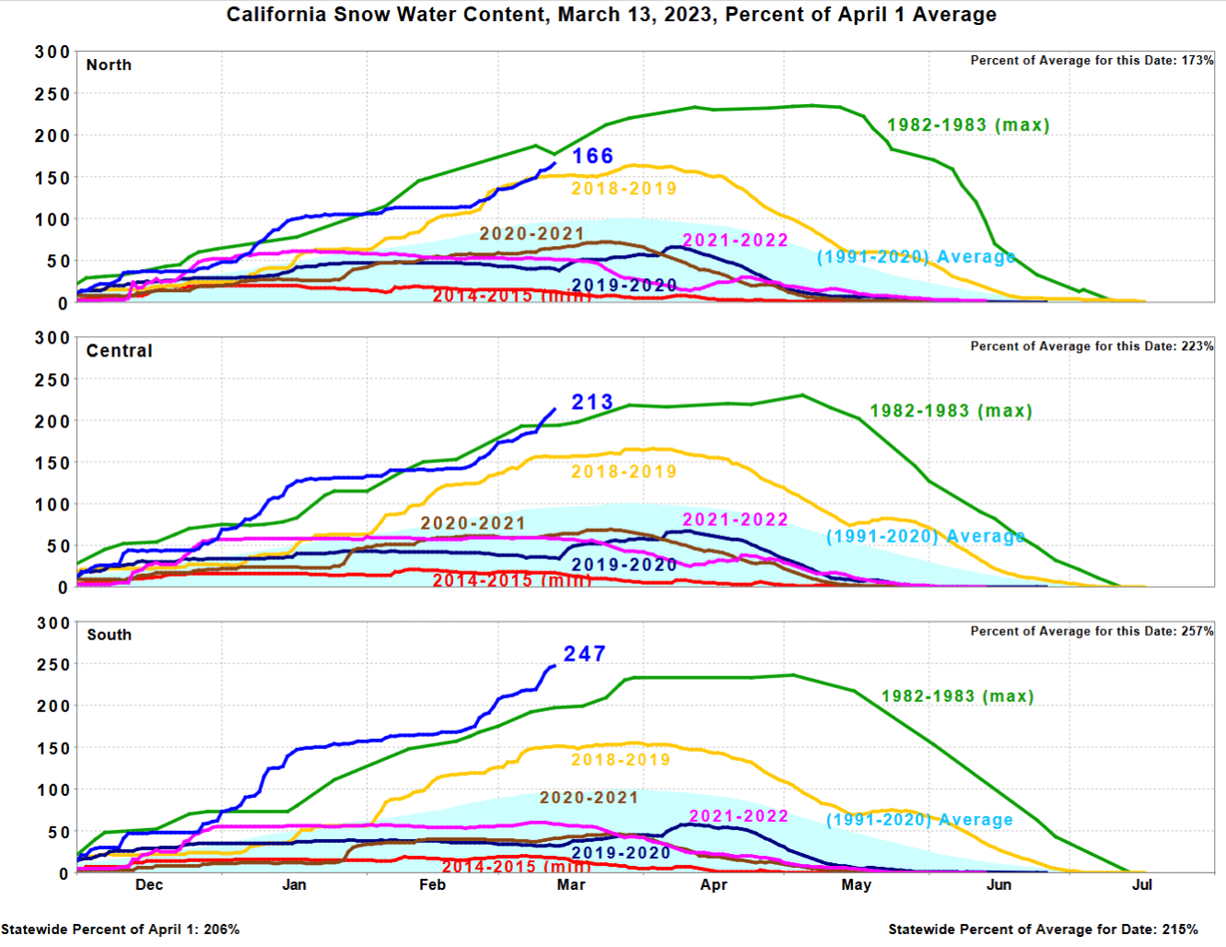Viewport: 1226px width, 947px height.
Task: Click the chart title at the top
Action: coord(611,15)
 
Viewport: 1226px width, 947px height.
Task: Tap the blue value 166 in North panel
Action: coord(592,156)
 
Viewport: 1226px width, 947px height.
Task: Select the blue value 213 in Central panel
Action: coord(592,403)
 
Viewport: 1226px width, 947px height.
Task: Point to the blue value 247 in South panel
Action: coord(585,654)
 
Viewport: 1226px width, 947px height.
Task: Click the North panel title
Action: coord(109,65)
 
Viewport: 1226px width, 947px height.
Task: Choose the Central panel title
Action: coord(119,351)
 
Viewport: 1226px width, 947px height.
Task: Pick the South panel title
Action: coord(109,635)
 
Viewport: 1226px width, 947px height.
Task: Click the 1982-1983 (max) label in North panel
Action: coord(968,125)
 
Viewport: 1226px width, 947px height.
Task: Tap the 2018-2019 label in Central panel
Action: coord(624,472)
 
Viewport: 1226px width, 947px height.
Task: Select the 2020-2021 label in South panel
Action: coord(589,798)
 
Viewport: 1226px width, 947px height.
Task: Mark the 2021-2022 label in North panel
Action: coord(735,240)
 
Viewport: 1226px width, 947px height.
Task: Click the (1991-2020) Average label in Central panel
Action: coord(925,536)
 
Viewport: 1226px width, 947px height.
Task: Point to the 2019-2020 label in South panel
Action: coord(621,853)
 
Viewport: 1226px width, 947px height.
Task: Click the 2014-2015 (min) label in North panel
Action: coord(511,296)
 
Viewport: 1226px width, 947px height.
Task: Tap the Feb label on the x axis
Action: coord(432,885)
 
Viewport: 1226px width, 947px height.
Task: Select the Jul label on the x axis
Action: coord(1142,885)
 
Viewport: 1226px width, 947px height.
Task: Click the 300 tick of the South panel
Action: coord(53,623)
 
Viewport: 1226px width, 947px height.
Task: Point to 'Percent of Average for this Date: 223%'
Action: coord(1092,346)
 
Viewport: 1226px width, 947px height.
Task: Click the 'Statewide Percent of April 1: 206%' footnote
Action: coord(120,929)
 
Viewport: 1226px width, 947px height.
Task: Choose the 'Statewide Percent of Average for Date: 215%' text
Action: coord(1043,929)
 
